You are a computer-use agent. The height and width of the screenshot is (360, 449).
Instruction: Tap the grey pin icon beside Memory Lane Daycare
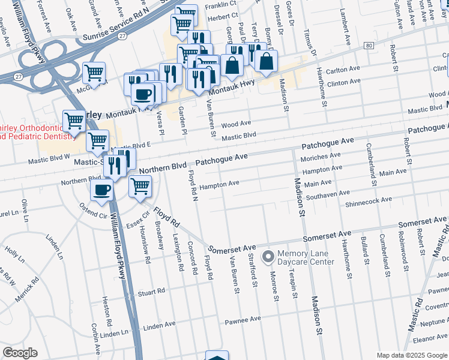(x=268, y=256)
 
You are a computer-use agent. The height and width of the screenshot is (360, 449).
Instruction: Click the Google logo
(x=20, y=353)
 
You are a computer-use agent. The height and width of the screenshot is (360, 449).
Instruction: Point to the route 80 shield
(x=369, y=46)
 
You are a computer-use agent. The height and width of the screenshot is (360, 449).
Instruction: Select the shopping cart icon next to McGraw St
(x=94, y=73)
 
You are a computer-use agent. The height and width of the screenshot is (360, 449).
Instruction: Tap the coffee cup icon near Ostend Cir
(x=101, y=190)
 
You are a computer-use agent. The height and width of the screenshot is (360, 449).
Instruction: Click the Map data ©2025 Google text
(x=412, y=355)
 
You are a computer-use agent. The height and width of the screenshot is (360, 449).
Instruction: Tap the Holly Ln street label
(x=13, y=252)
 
